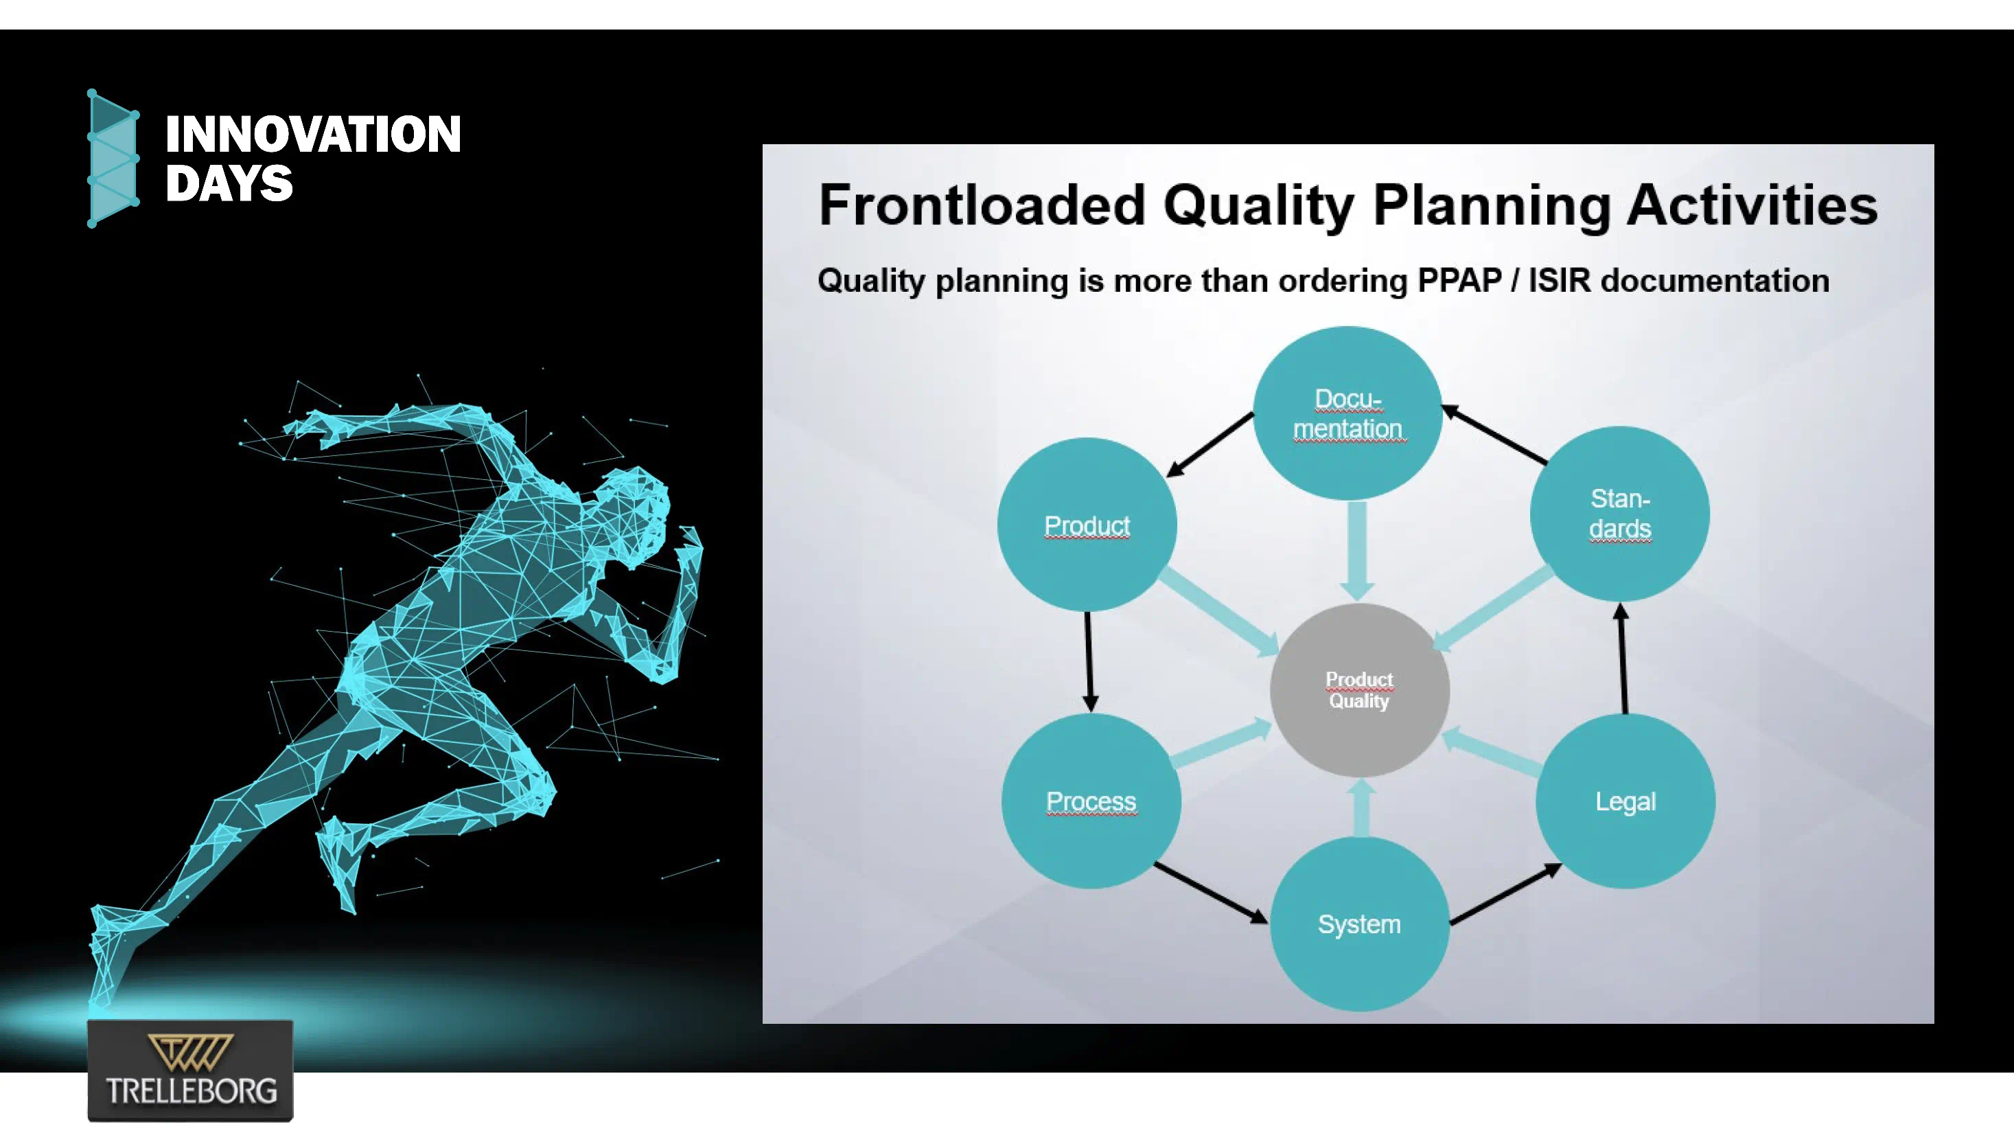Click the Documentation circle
pos(1348,413)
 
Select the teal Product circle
pos(1087,525)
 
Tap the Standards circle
pos(1620,514)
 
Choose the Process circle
pos(1091,801)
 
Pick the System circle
pos(1360,924)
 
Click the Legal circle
pos(1625,801)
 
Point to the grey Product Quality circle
pos(1360,689)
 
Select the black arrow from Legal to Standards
pos(1623,658)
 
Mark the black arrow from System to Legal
pos(1506,894)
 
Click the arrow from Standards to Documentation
pos(1494,435)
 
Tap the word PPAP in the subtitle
pos(1459,280)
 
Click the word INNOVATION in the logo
pos(313,134)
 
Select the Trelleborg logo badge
pos(191,1071)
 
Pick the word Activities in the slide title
pos(1752,205)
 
